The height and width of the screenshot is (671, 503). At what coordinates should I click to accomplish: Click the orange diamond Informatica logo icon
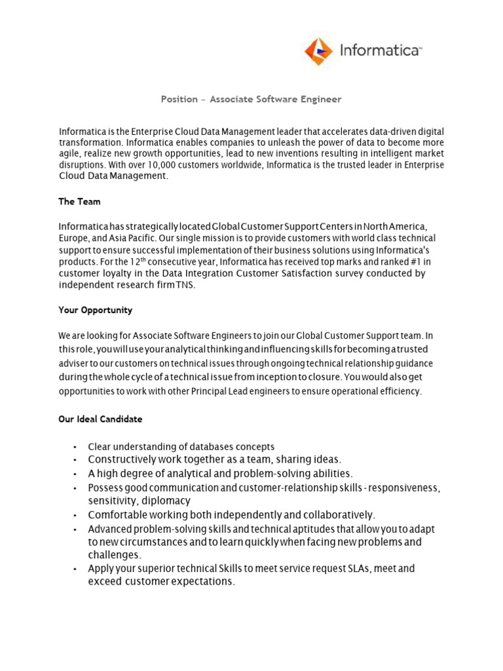(319, 51)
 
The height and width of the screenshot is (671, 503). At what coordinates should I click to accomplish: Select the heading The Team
(80, 201)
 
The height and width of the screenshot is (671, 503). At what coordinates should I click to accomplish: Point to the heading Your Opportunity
(96, 310)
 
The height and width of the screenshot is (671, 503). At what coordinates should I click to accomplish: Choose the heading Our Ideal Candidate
(100, 419)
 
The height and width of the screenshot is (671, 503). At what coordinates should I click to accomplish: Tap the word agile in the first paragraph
(70, 154)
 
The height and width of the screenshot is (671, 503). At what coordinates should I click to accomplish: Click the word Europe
(72, 238)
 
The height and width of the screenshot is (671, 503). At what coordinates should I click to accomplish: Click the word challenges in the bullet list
(114, 555)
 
